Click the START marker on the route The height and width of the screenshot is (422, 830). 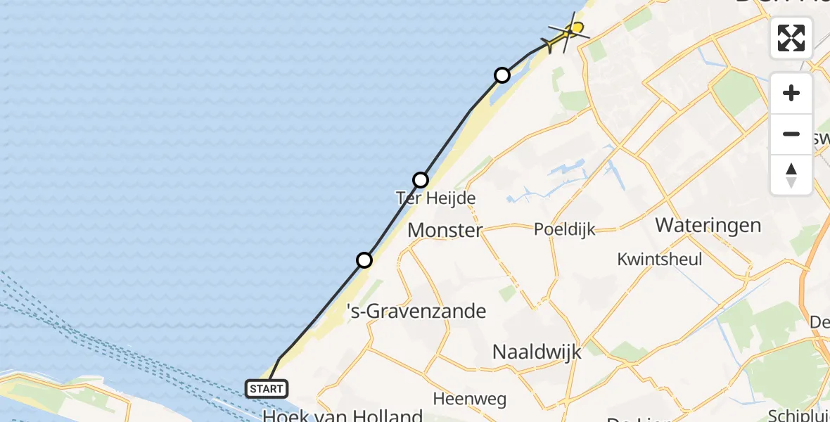click(x=267, y=388)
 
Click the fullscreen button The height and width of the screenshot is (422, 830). click(x=791, y=38)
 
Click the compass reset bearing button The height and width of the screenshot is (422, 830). click(x=791, y=175)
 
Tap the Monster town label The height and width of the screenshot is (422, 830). click(x=445, y=230)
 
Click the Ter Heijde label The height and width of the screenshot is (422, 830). click(x=436, y=198)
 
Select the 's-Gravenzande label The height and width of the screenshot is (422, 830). click(x=417, y=311)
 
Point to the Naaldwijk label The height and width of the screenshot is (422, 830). click(x=537, y=352)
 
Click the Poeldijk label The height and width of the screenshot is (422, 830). click(x=565, y=229)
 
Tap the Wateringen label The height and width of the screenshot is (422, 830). click(x=708, y=225)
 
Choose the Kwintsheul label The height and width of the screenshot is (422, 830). click(x=659, y=259)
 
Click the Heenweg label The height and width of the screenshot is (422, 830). click(x=469, y=399)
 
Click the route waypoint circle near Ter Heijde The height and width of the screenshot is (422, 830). click(x=421, y=180)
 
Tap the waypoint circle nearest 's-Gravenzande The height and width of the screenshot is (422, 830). click(x=364, y=260)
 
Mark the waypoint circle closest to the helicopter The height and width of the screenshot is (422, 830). click(x=502, y=75)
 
